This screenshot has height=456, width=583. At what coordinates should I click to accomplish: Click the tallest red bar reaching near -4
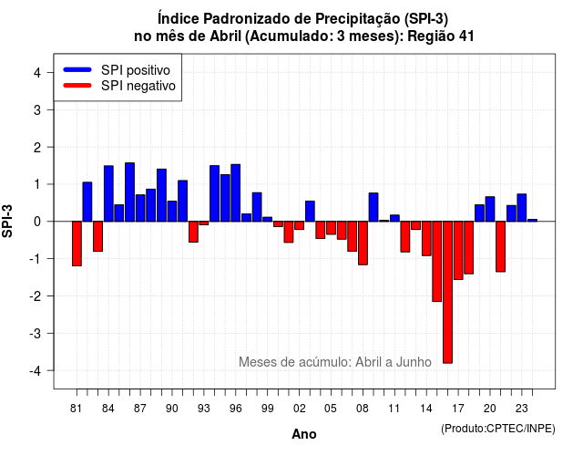(x=447, y=292)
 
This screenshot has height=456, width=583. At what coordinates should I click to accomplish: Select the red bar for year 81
(x=77, y=244)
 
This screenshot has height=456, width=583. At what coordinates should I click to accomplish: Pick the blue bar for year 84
(x=108, y=193)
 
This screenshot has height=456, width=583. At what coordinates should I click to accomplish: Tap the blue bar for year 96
(x=236, y=192)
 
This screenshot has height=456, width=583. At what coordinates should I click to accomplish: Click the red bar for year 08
(x=363, y=244)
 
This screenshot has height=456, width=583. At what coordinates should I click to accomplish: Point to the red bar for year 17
(x=458, y=250)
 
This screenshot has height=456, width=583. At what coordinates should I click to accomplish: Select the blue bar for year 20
(x=490, y=209)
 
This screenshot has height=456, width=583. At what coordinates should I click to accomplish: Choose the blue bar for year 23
(x=522, y=208)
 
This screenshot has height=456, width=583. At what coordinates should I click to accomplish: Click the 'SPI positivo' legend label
(x=136, y=70)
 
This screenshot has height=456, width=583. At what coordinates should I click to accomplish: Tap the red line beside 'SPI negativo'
(x=77, y=86)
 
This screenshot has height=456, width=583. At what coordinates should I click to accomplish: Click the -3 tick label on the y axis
(x=36, y=333)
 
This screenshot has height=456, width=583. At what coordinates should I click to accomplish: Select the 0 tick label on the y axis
(x=36, y=222)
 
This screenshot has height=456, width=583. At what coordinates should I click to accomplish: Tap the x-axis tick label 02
(x=300, y=409)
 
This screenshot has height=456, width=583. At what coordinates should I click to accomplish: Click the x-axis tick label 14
(x=426, y=409)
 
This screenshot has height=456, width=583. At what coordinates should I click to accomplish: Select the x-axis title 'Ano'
(x=304, y=434)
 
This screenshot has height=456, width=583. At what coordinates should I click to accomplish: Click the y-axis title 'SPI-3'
(x=7, y=221)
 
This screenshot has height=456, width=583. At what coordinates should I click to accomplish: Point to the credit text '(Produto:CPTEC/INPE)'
(x=498, y=429)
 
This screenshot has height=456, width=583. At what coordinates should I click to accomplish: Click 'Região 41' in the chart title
(x=441, y=36)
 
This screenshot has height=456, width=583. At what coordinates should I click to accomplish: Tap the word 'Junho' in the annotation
(x=414, y=362)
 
